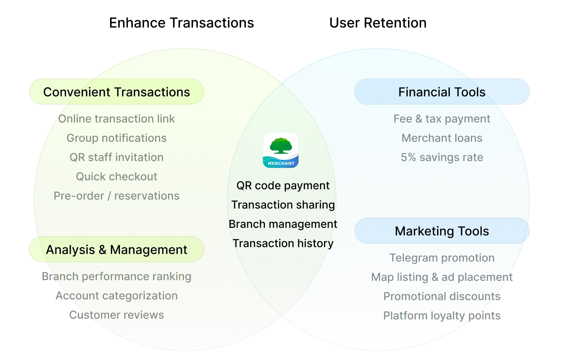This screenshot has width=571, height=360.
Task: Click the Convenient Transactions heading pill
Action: point(116,92)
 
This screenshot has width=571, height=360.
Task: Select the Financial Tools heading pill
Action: point(442,92)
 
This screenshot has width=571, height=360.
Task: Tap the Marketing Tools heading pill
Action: point(442,231)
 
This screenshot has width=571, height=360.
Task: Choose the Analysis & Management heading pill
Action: point(116,250)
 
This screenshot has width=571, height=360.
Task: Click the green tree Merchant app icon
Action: point(281,150)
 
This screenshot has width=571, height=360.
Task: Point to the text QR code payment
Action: point(283,186)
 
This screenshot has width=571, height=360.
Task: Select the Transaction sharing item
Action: point(283,205)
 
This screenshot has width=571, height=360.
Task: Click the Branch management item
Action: point(283,224)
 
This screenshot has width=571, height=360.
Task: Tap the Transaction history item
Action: point(283,243)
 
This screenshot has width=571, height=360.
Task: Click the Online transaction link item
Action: point(116,119)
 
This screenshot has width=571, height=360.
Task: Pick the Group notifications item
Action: point(116,138)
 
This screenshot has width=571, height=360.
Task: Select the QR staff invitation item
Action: point(116,157)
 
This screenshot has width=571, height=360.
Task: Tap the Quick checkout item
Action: point(116,177)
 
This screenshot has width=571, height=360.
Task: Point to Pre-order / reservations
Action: point(116,196)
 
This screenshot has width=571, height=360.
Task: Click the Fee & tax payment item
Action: point(442,119)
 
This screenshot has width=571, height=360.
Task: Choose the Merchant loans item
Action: point(442,138)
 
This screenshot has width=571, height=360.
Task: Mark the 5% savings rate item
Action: point(442,157)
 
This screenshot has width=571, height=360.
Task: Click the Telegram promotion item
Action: point(442,258)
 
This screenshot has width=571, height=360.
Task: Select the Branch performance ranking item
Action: point(116,276)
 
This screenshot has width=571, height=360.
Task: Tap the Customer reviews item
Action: point(116,315)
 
